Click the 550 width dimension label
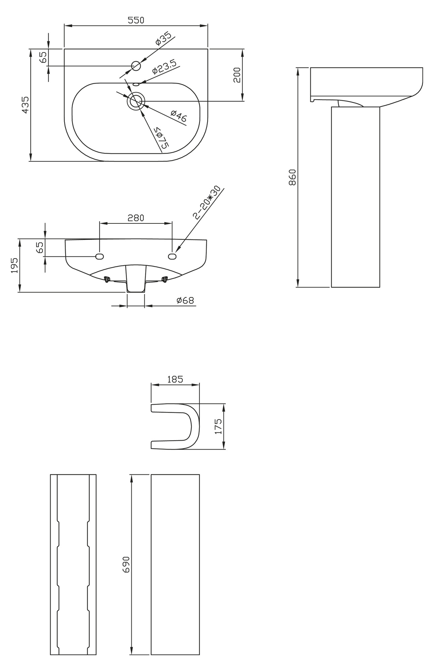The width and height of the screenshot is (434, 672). [136, 20]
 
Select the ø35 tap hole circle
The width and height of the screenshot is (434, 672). [136, 66]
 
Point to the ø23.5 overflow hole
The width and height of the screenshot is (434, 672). [136, 84]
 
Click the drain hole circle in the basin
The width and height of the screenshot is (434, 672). [136, 101]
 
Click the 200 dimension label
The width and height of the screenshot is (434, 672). [237, 75]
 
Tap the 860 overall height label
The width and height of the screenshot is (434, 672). [292, 177]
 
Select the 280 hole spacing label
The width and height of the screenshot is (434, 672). [136, 218]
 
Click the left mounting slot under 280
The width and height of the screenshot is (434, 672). [99, 256]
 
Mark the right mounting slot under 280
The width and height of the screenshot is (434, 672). [172, 256]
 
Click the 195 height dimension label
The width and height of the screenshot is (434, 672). [14, 265]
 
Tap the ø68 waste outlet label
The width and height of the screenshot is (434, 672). [185, 300]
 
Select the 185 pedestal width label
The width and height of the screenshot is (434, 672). [175, 379]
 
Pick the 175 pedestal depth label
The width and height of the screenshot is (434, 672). [219, 426]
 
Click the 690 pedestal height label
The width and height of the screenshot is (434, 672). [126, 564]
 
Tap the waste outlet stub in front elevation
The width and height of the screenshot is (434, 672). [136, 279]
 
